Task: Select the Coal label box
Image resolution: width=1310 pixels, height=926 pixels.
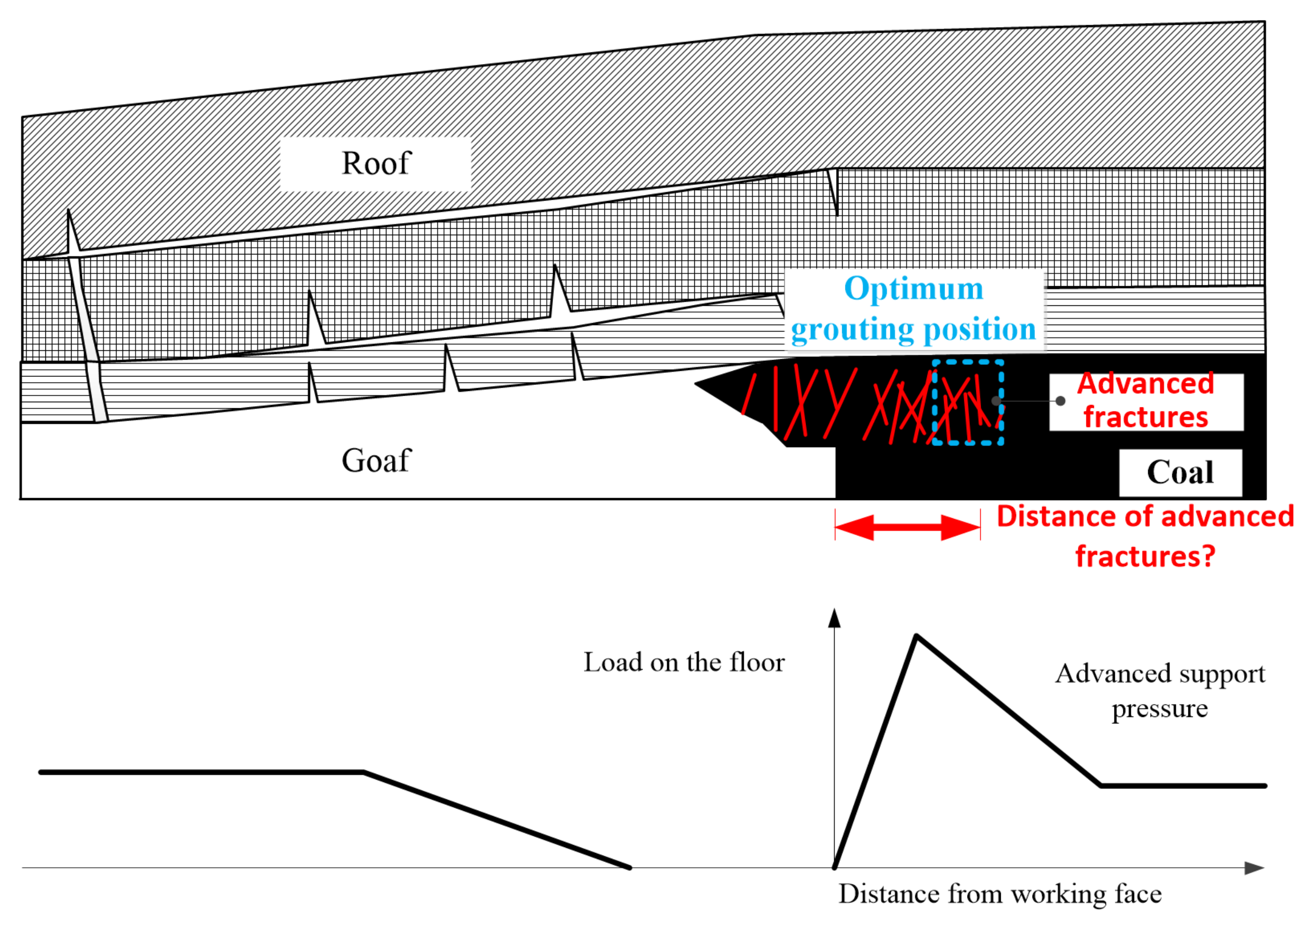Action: point(1180,473)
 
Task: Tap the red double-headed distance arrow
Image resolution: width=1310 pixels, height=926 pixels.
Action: point(907,527)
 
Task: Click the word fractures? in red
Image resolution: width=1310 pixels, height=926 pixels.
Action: point(1145,557)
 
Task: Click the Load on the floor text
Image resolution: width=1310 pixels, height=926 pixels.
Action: point(684,663)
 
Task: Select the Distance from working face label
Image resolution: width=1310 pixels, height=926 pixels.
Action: point(1000,894)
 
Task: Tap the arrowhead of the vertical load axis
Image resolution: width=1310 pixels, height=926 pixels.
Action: point(834,618)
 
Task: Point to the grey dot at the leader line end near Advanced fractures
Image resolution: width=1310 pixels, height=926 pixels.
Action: point(1060,401)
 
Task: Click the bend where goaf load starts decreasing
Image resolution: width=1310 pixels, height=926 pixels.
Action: point(364,772)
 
